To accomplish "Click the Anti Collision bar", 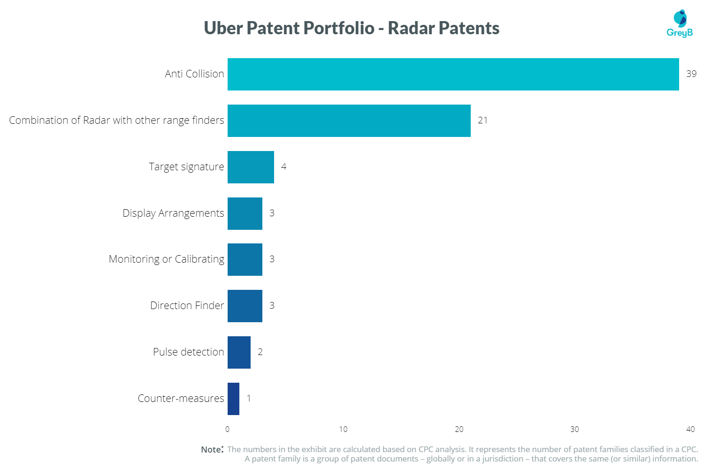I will [x=453, y=74].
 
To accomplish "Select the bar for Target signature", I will [x=251, y=167].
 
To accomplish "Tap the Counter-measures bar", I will [x=233, y=399].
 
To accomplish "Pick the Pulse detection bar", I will [x=239, y=352].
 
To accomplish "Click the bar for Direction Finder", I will [x=245, y=306].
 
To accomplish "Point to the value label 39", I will [x=691, y=74].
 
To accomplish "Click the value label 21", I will [x=482, y=120].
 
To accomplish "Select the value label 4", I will [x=283, y=166].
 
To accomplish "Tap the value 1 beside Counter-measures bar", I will [x=249, y=398].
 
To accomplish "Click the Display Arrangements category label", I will [x=173, y=213].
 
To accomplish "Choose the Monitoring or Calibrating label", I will [x=166, y=259].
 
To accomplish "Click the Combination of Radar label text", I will [x=116, y=121].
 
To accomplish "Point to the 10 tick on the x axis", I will [x=343, y=429].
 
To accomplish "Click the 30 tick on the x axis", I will [x=574, y=429].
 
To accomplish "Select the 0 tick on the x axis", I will [x=228, y=429].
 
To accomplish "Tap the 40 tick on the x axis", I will [x=690, y=429].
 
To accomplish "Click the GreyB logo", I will [x=680, y=24].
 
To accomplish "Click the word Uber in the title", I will [x=223, y=28].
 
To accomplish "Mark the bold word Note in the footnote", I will [x=211, y=450].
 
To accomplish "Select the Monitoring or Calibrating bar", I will [x=245, y=259].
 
